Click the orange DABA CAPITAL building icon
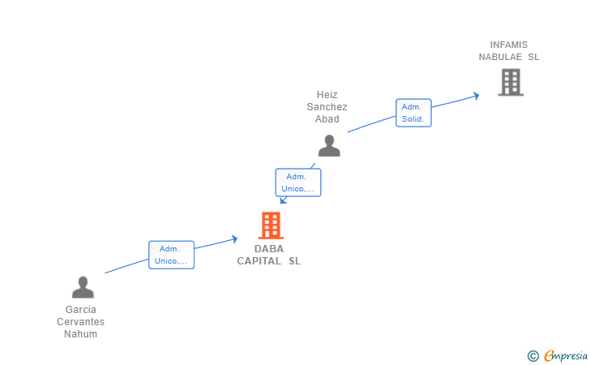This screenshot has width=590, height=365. (271, 225)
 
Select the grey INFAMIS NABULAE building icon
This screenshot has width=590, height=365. (511, 82)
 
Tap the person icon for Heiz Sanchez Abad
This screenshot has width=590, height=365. (329, 145)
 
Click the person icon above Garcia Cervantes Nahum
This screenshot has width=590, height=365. (83, 287)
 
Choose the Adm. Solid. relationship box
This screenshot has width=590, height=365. (413, 113)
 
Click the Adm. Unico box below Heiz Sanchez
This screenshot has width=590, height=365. (298, 182)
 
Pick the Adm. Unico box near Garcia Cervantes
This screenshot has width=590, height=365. (171, 255)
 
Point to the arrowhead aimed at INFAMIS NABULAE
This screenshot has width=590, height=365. (477, 96)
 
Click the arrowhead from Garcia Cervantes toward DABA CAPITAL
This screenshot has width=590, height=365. (235, 239)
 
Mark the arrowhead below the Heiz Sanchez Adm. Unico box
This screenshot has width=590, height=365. (284, 200)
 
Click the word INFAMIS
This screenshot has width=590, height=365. (509, 45)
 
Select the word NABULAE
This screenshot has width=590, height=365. (500, 57)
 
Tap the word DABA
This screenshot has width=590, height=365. (269, 249)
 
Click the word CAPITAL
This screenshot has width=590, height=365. (259, 261)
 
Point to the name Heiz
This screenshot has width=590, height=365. (327, 95)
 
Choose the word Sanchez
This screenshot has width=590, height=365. (327, 107)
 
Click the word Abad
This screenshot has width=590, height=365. (327, 119)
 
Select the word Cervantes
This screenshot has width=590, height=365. (80, 322)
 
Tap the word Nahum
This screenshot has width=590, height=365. (80, 333)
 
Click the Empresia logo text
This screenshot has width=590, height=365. (566, 355)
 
